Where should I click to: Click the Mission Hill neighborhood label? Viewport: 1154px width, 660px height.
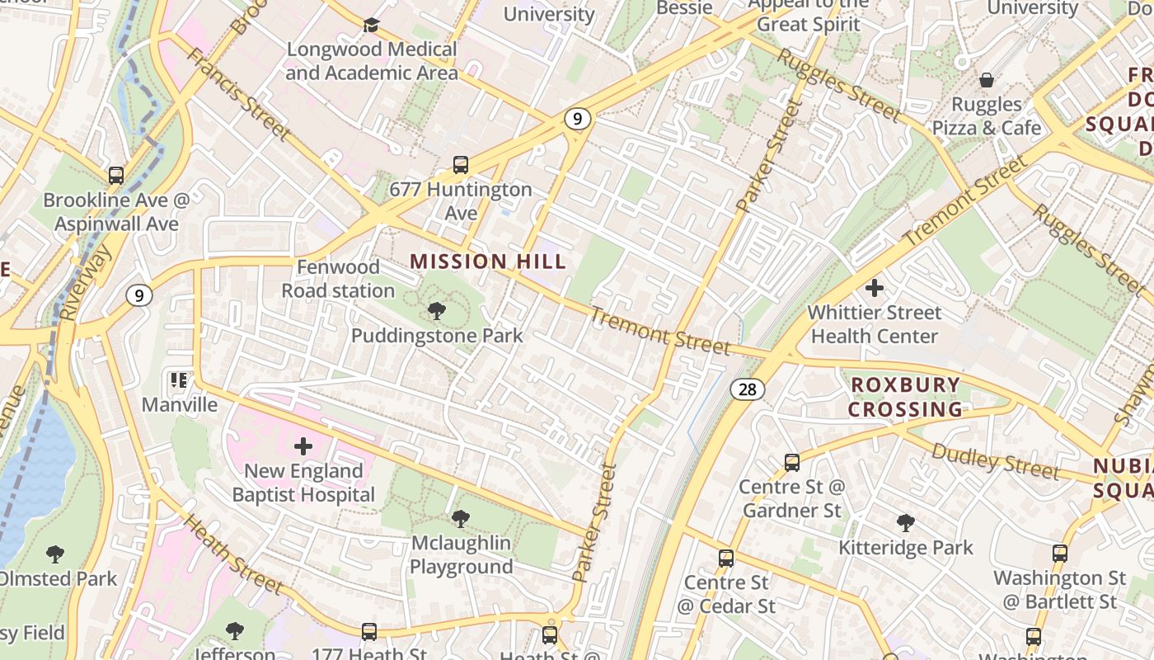(x=488, y=262)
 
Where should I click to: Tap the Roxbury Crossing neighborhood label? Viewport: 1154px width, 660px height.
(x=905, y=397)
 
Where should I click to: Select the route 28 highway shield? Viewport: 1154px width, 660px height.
(x=747, y=389)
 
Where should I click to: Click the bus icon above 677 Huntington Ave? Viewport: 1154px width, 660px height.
(x=461, y=165)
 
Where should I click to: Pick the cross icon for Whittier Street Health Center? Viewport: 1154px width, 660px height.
(x=875, y=288)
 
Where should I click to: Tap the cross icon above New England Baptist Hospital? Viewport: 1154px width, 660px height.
(x=303, y=446)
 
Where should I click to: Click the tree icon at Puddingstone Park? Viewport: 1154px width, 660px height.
(x=437, y=311)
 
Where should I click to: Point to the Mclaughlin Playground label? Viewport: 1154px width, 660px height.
(x=461, y=555)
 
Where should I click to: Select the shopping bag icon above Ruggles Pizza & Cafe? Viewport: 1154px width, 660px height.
(x=986, y=80)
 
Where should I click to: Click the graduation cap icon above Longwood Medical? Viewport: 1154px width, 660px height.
(x=371, y=25)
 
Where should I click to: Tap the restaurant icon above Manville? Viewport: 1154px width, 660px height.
(x=179, y=380)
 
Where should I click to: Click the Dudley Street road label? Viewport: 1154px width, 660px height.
(x=995, y=460)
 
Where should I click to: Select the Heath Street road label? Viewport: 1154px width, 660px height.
(x=233, y=554)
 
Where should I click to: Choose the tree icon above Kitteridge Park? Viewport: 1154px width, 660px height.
(x=906, y=522)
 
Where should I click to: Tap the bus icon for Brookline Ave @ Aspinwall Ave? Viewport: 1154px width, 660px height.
(x=116, y=176)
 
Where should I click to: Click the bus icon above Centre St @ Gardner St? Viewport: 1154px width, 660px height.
(x=791, y=462)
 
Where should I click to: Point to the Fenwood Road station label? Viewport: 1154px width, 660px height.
(x=338, y=279)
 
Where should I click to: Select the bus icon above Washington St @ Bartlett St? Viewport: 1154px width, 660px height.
(x=1060, y=553)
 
